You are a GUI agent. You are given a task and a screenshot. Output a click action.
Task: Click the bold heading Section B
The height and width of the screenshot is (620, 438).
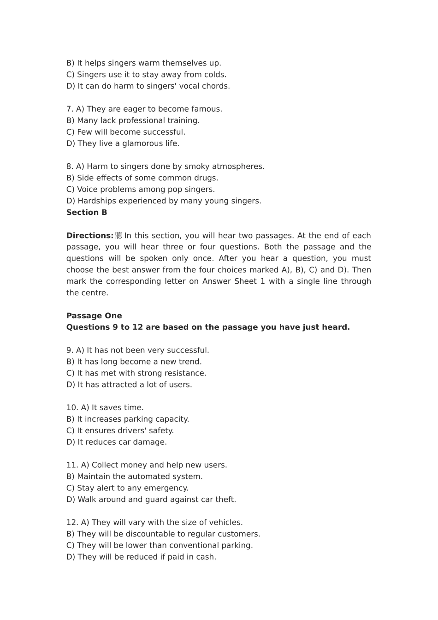coord(87,213)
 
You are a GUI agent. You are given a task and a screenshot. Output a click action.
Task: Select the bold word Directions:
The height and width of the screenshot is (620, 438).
coord(90,236)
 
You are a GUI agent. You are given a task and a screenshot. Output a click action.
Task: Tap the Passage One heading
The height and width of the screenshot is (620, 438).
coord(94,316)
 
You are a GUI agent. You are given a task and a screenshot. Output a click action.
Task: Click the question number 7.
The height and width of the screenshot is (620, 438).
coord(69,109)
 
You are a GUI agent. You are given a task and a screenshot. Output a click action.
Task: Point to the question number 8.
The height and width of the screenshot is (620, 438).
coord(69,167)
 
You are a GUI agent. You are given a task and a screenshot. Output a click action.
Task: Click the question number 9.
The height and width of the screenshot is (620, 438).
coord(69,351)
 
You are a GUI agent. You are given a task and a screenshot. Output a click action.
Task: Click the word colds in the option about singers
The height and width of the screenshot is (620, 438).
coord(215,75)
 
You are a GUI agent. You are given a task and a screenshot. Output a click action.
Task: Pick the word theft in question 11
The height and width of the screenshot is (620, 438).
coord(226,500)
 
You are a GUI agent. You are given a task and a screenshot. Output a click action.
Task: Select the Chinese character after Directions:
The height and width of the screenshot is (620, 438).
coord(118,236)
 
